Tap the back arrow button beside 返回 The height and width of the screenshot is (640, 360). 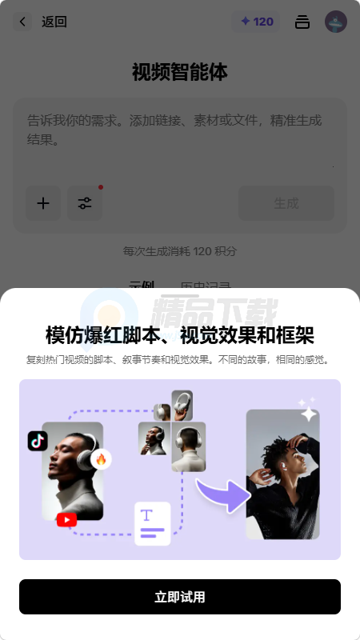pos(23,22)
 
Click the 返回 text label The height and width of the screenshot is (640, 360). pos(54,22)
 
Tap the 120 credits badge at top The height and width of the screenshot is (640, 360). pos(256,22)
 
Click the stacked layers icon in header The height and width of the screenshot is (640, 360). pos(302,22)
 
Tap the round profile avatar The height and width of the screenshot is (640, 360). pos(336,22)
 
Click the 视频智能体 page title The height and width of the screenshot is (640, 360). pos(180,72)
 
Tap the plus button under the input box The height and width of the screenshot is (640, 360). pos(43,203)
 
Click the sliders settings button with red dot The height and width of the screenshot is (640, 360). pos(85,203)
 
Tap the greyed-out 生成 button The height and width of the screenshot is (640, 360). pos(286,203)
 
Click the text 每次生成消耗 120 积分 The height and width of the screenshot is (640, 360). pos(180,251)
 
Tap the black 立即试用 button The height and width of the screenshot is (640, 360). pos(180,597)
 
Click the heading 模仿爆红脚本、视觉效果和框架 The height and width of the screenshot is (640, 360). pos(180,334)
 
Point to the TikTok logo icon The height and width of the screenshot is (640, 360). pos(38,441)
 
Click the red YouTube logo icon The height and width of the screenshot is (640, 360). pos(66,520)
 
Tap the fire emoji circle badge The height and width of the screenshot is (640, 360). pos(101,459)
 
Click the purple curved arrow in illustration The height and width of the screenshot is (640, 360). pos(221,492)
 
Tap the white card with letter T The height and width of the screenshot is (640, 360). pos(152,523)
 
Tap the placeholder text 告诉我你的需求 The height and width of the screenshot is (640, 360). pos(174,130)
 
